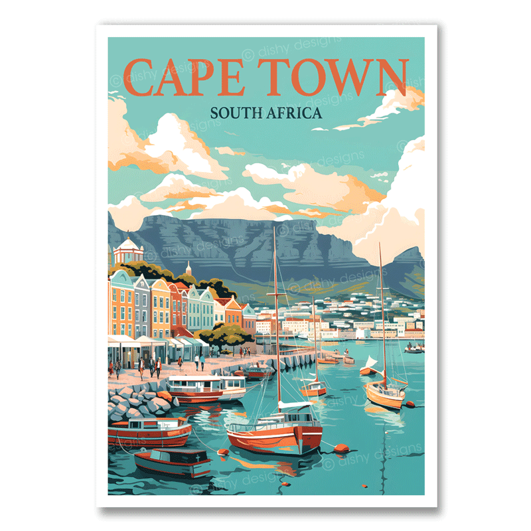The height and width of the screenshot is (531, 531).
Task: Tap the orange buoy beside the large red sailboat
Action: click(341, 448)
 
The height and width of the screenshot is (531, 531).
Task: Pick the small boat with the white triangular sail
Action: click(368, 365)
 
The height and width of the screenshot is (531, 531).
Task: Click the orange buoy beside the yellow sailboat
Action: click(410, 404)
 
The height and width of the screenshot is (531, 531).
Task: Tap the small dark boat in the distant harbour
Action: click(414, 348)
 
